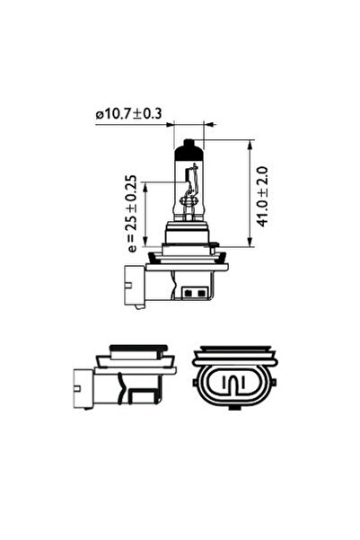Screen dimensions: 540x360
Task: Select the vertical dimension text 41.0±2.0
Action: [263, 193]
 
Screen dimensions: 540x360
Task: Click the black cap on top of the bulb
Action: [188, 146]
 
